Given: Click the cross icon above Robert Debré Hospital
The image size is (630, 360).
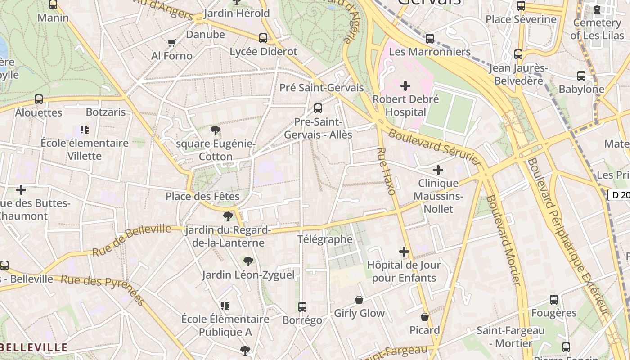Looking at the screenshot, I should pos(405,85).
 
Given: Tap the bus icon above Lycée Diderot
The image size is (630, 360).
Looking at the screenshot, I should pos(263,38).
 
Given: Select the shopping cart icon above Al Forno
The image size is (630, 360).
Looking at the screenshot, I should pos(171,43).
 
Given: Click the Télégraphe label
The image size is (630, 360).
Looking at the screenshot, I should pos(325,239).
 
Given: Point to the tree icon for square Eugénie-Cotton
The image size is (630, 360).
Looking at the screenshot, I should pos(216,131).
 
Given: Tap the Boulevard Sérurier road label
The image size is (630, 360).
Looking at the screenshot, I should pos(435,147).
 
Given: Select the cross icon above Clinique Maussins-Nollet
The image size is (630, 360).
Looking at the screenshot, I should pos(438,170).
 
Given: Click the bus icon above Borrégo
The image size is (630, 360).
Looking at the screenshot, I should pos(302,307).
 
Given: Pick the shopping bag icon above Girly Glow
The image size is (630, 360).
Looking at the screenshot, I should pos(359,300).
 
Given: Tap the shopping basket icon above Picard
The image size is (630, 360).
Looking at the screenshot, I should pos(424,317).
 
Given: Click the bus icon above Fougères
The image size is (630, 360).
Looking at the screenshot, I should pos(554,300).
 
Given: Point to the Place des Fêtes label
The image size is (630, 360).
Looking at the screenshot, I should pos(202,196).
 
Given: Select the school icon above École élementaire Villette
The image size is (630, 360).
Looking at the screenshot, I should pos(84,130).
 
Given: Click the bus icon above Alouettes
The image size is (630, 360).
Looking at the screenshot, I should pos(39,99).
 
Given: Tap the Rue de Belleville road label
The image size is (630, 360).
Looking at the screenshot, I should pos(131,240).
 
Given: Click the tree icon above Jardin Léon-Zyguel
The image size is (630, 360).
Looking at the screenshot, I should pos(248,261).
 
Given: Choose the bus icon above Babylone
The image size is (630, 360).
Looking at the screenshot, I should pos(581,76).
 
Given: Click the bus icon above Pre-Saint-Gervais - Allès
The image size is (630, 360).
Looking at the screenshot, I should pos(318,108).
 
